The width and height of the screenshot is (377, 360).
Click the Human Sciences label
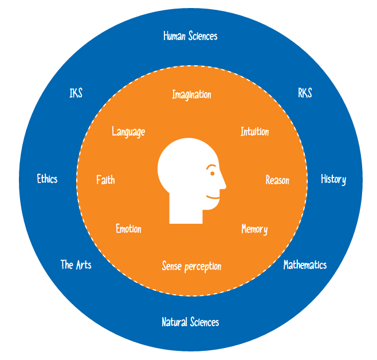(x=190, y=36)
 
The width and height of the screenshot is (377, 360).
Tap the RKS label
(x=305, y=93)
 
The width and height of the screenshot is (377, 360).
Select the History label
(x=333, y=179)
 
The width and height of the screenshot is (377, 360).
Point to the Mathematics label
(x=305, y=265)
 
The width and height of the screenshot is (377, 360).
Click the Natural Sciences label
(x=190, y=322)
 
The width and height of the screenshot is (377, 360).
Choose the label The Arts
(x=76, y=264)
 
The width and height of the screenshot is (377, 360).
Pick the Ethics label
(x=47, y=179)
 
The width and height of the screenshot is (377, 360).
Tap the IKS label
(x=76, y=93)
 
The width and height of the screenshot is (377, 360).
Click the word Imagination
(x=191, y=94)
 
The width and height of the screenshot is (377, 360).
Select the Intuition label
(x=254, y=132)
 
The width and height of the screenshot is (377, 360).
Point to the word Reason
(x=277, y=180)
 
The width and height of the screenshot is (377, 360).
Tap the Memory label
(x=254, y=230)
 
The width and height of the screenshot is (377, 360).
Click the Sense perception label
(x=191, y=266)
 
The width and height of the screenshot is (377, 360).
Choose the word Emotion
(x=128, y=229)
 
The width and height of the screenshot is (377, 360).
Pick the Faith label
(x=105, y=180)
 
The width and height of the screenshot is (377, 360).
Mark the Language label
(x=128, y=132)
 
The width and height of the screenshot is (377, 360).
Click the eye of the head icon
(x=211, y=171)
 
